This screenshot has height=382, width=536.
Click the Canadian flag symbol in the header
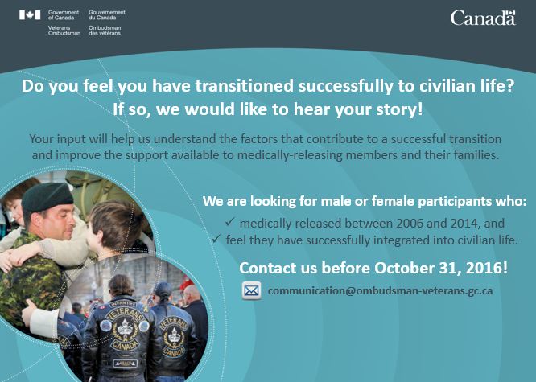30,15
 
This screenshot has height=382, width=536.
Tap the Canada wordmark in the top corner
483,18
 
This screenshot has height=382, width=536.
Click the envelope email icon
252,291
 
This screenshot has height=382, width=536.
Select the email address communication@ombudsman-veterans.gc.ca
380,291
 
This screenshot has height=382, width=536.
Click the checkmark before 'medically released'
229,222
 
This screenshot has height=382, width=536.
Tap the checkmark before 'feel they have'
216,239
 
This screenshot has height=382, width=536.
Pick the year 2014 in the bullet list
465,224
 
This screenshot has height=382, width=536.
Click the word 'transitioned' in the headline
245,86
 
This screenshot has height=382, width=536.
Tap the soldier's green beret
47,197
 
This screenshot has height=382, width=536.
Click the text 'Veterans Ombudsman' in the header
64,31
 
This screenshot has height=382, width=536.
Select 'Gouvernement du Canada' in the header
107,14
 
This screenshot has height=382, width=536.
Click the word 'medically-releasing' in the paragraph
290,155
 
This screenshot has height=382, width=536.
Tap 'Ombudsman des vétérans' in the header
105,31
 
